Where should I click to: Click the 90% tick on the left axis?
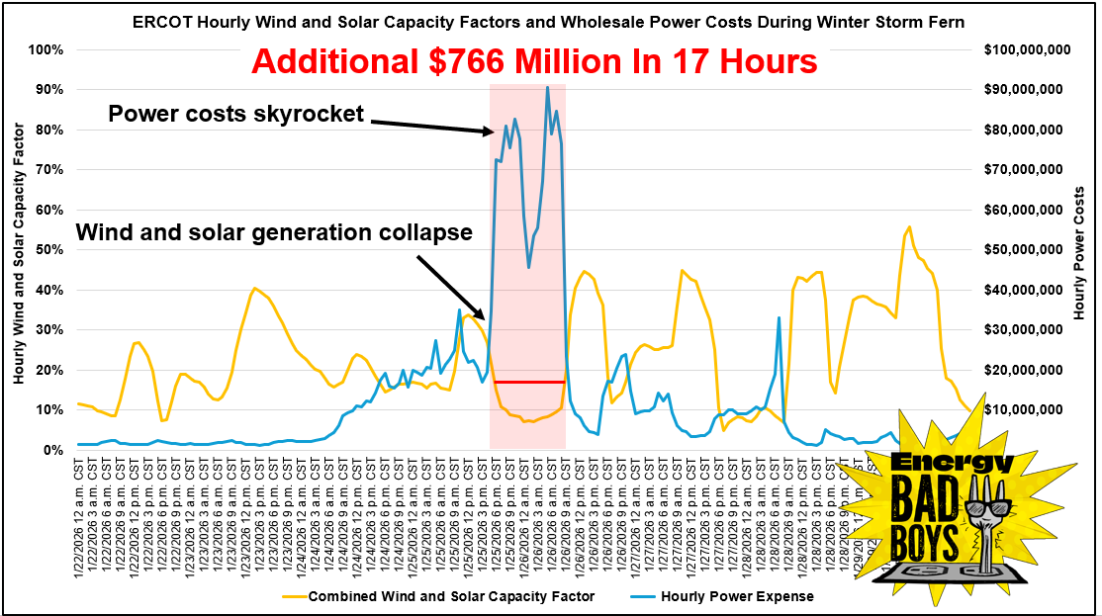pyautogui.click(x=47, y=89)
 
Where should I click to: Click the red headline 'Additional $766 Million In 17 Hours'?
pyautogui.click(x=534, y=61)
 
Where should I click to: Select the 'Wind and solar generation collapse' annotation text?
pyautogui.click(x=275, y=233)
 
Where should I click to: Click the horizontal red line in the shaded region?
pyautogui.click(x=528, y=382)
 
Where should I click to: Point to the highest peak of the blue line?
pyautogui.click(x=547, y=87)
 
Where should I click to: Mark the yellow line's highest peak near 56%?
pyautogui.click(x=909, y=226)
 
